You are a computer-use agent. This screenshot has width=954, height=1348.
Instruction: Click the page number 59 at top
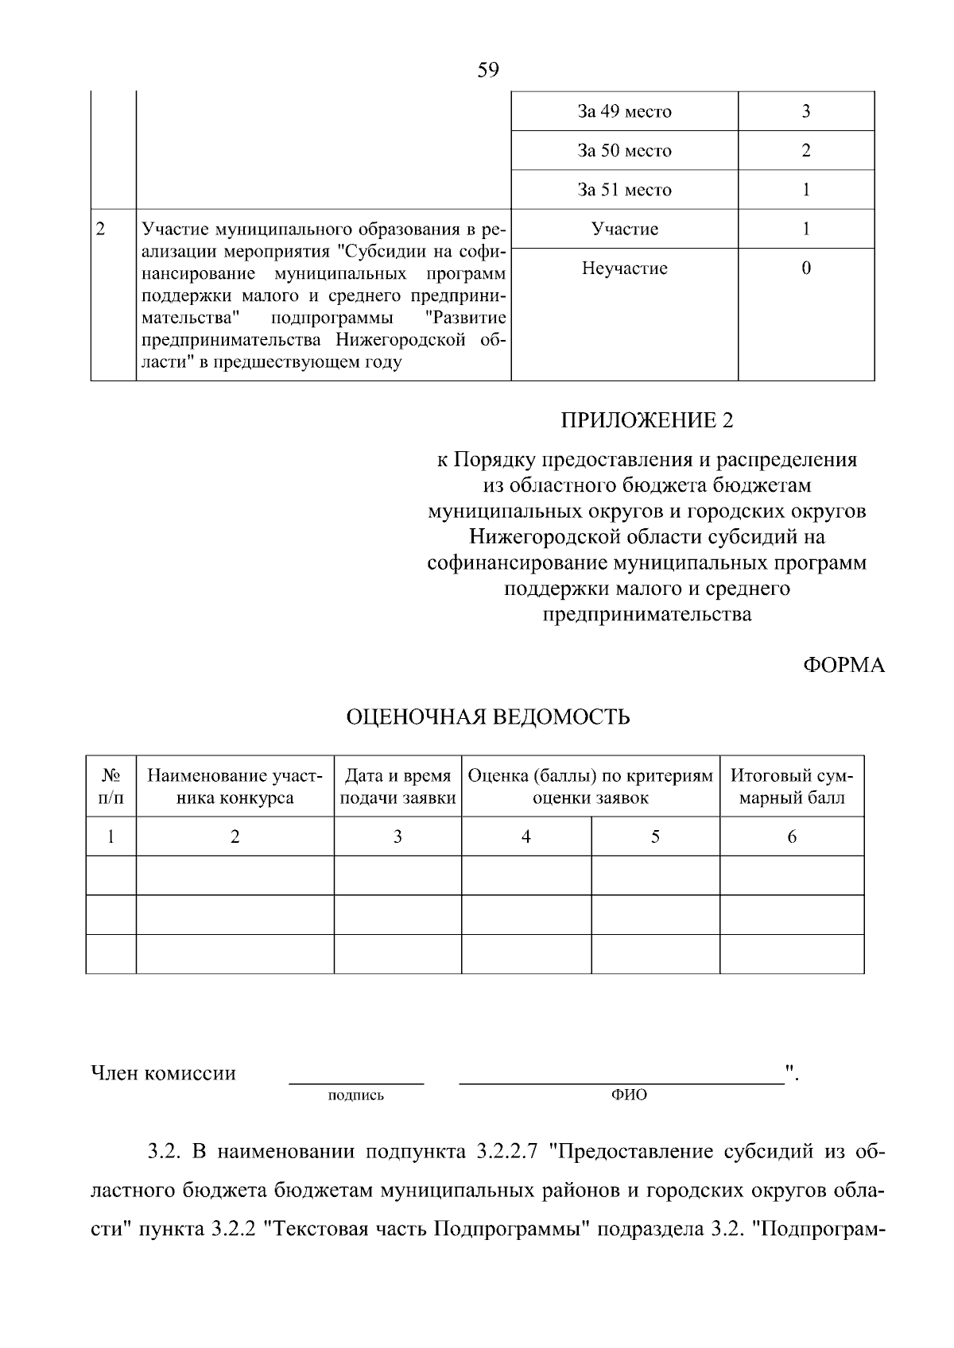(488, 71)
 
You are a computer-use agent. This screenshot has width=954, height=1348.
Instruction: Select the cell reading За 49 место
(624, 111)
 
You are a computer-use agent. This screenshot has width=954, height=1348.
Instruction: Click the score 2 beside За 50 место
(805, 150)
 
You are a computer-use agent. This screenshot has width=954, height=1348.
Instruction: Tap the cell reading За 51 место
(624, 190)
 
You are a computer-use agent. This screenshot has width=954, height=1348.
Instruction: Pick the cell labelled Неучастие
(624, 268)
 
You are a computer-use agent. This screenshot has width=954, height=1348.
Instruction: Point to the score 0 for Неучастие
(805, 268)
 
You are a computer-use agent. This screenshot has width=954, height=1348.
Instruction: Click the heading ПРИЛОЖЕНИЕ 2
(646, 420)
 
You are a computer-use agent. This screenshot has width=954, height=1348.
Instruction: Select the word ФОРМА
(843, 666)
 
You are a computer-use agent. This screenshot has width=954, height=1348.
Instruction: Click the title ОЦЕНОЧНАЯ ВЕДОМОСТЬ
(488, 717)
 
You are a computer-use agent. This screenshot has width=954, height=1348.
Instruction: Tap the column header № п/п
(111, 786)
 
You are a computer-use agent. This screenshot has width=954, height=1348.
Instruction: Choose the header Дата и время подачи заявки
(397, 786)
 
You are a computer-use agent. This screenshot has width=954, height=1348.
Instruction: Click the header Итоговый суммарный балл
(791, 786)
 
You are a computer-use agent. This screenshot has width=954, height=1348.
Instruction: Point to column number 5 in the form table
(655, 836)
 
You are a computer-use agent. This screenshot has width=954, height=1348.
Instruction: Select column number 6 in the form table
(791, 836)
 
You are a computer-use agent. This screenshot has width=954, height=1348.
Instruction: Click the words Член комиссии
(163, 1073)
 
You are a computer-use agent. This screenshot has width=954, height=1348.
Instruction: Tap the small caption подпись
(355, 1095)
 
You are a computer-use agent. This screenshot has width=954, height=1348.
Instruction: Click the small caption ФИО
(629, 1095)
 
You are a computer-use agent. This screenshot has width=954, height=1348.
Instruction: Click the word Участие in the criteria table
(624, 229)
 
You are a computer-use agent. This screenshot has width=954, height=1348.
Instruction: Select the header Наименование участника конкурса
(235, 786)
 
